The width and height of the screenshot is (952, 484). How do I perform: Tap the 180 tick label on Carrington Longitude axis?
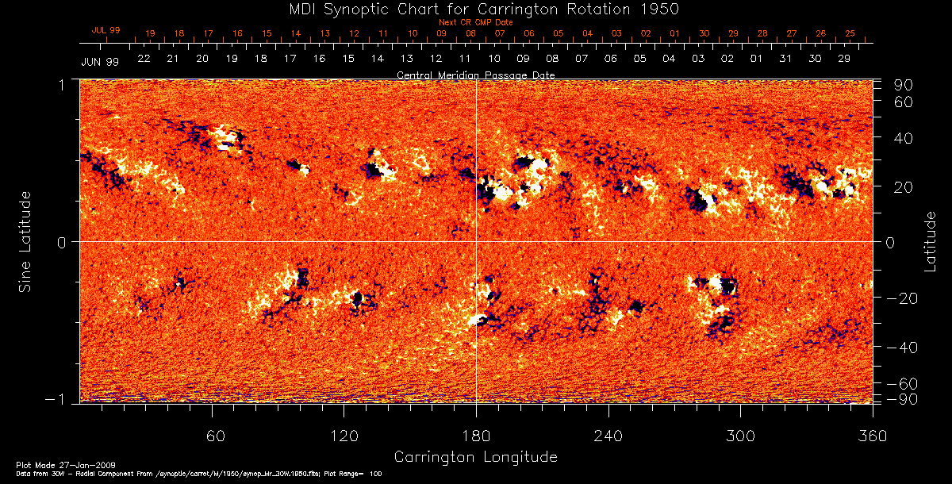pos(476,436)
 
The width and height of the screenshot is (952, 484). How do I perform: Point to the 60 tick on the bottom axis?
pos(213,436)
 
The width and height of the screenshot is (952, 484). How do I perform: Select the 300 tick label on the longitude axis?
pos(740,436)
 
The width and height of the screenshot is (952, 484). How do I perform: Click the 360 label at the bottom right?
pos(872,436)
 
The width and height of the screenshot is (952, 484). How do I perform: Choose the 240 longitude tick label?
pos(608,436)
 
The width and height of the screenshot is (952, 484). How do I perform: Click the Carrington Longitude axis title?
pos(475,457)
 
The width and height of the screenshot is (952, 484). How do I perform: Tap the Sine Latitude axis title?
pos(26,241)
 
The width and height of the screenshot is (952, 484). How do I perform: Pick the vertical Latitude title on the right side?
pos(930,241)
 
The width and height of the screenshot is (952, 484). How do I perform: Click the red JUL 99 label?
pos(106,29)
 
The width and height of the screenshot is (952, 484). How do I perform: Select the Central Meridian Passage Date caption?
pos(476,75)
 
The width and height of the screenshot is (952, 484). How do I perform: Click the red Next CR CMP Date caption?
pos(476,22)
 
